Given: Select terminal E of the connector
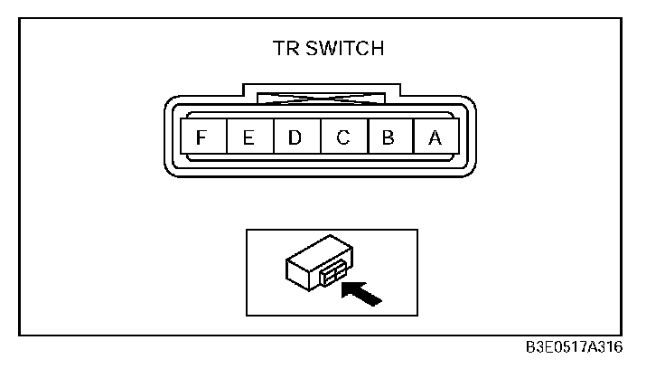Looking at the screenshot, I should (x=248, y=138).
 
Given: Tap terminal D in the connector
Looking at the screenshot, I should (x=295, y=138).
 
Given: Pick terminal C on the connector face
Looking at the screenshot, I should (x=342, y=138).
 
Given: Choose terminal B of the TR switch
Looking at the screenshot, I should (x=389, y=138).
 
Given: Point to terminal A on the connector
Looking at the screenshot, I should (x=435, y=138).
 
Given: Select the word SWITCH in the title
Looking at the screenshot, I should (x=347, y=49).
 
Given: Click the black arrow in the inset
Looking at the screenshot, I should (x=362, y=291).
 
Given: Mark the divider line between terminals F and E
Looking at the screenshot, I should (x=225, y=138).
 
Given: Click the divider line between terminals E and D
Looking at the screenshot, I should (x=272, y=138).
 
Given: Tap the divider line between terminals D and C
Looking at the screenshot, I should (x=319, y=138).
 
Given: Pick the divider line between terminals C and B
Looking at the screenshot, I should (x=366, y=138).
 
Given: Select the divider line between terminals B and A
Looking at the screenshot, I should (x=412, y=138).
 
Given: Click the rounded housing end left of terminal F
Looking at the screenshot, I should (x=171, y=138).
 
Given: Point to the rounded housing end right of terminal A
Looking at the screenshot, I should (x=466, y=138).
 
